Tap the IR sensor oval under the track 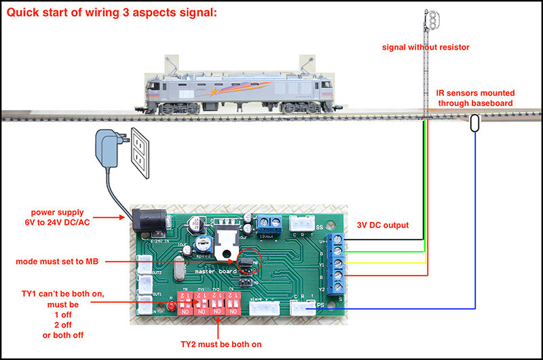475,123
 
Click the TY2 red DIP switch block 217,302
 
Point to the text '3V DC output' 381,225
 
